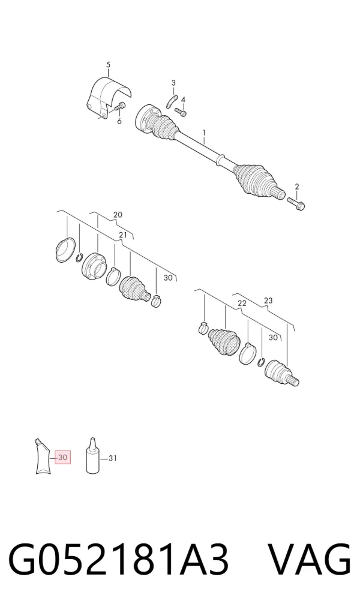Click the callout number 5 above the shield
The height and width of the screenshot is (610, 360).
[x=108, y=65]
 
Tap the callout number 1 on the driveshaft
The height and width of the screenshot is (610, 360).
[x=203, y=133]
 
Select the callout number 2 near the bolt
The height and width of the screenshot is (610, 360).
[x=297, y=187]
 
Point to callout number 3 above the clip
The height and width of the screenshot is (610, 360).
[x=173, y=83]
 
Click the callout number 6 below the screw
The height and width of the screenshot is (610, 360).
[x=119, y=121]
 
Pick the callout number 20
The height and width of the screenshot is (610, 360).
[x=118, y=215]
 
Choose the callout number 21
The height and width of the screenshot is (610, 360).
[x=123, y=235]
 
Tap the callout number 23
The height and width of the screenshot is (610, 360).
[x=268, y=301]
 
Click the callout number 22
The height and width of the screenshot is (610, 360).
[x=242, y=304]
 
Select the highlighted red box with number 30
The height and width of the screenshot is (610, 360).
[x=62, y=458]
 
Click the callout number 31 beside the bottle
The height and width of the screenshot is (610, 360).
[x=112, y=458]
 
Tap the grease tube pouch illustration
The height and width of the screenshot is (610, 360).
[x=42, y=456]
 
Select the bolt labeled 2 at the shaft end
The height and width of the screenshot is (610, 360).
[x=296, y=203]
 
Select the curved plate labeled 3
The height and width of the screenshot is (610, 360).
[x=172, y=101]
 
